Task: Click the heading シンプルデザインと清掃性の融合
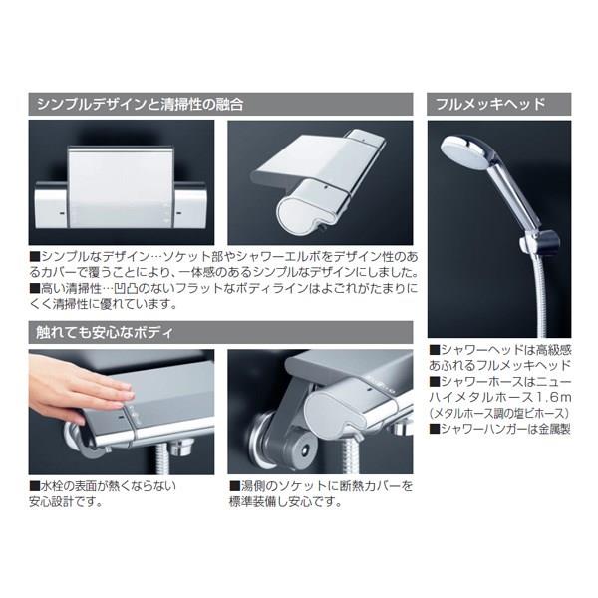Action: (140, 104)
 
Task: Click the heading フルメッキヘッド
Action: (490, 104)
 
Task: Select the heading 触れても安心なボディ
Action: (105, 332)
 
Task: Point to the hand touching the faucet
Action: (77, 387)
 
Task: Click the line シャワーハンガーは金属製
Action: (500, 429)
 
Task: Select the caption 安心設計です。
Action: (66, 502)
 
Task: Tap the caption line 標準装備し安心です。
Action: (285, 502)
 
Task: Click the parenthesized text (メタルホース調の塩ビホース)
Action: (500, 413)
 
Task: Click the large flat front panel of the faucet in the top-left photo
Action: (121, 187)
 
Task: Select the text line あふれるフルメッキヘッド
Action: (500, 366)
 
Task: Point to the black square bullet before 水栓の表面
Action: (35, 486)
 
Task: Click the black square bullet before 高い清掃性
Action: (35, 288)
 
